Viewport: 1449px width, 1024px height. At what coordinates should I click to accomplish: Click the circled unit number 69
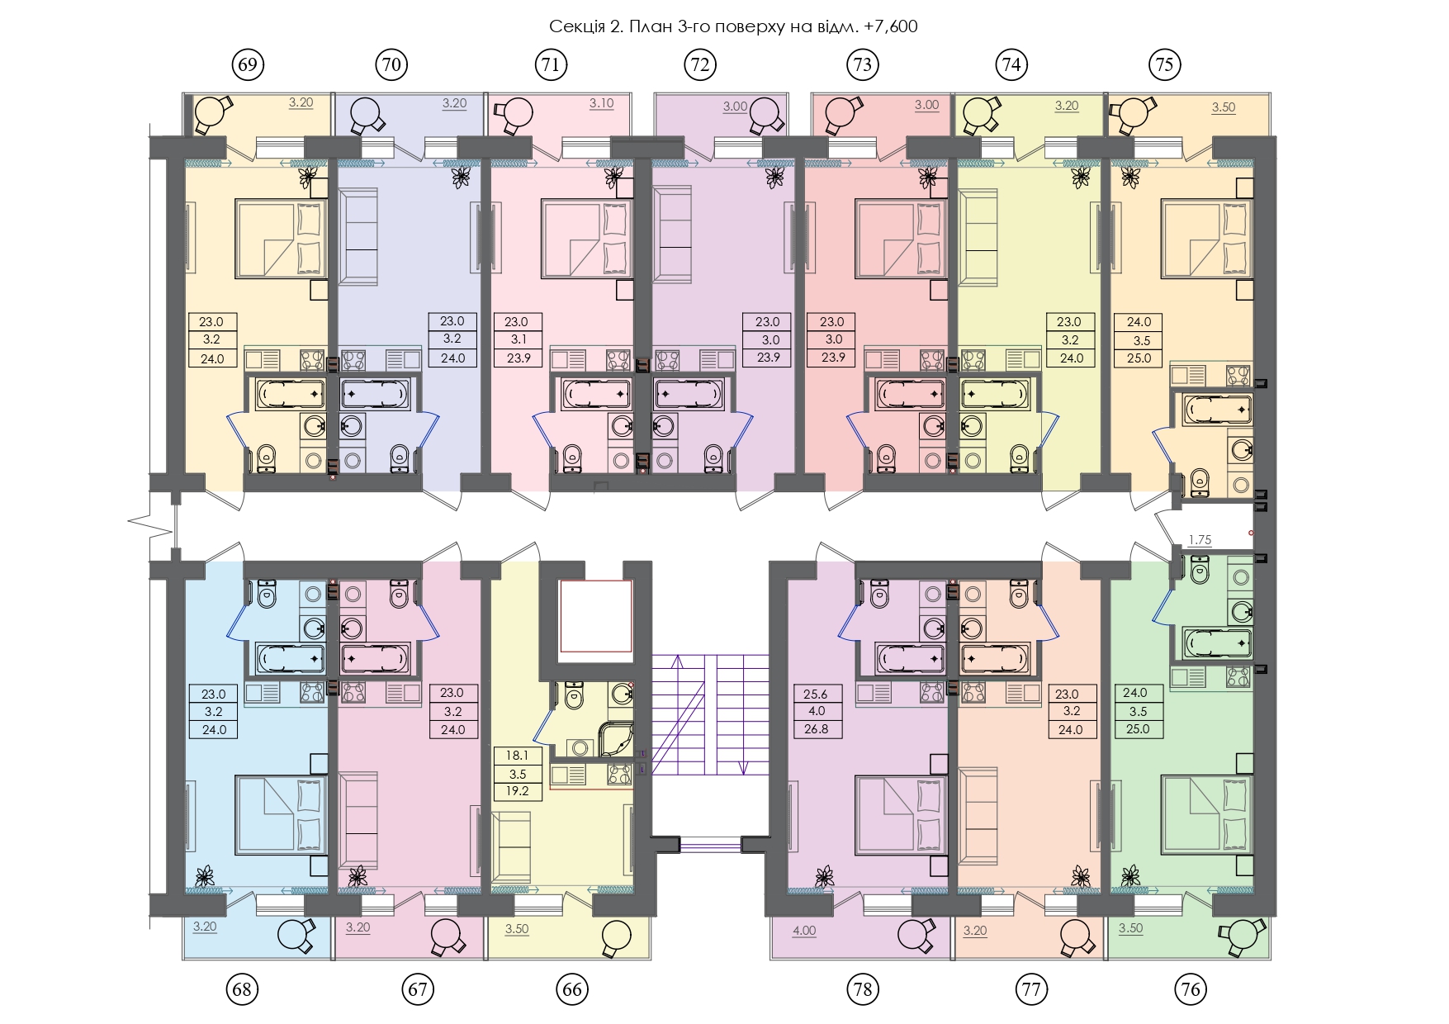pos(248,64)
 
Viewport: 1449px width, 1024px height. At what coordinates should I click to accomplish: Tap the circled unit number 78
pos(862,988)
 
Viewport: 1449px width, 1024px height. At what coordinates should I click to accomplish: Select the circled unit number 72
pos(700,64)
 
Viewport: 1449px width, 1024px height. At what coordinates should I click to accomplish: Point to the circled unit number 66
pos(572,988)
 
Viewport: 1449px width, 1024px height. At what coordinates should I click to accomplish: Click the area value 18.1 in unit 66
pos(517,756)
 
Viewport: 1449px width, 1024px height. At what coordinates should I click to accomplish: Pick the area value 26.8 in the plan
pos(816,729)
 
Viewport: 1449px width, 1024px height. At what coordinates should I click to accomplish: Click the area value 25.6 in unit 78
pos(816,694)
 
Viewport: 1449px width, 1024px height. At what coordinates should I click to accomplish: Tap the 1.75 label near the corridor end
pos(1200,540)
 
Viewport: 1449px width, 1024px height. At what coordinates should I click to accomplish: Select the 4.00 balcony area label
pos(804,931)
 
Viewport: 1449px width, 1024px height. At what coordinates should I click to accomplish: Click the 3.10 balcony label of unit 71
pos(601,103)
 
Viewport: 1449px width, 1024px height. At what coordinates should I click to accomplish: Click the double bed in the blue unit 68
pos(282,814)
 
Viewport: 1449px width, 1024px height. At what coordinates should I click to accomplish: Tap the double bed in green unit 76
pos(1207,814)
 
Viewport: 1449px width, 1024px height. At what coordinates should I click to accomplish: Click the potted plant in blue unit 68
pos(205,876)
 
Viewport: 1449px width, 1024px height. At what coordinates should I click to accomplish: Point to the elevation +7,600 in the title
pos(891,26)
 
